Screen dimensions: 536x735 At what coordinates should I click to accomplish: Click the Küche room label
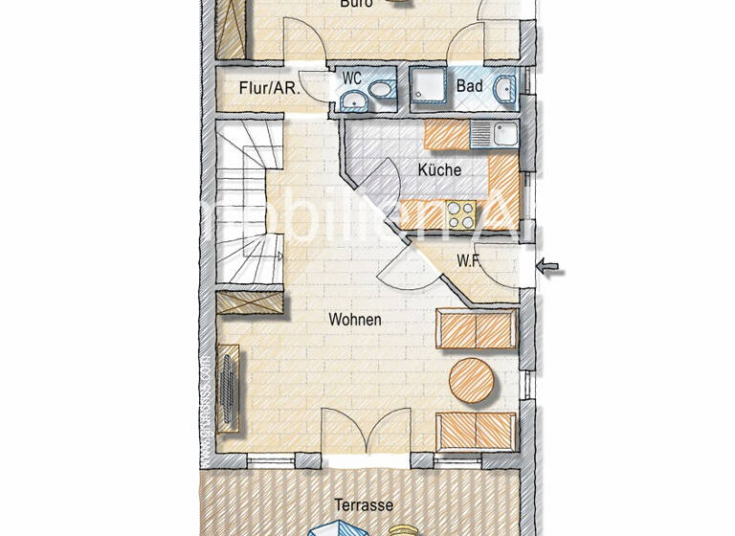point(439,169)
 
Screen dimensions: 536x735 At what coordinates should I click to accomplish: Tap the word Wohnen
point(354,320)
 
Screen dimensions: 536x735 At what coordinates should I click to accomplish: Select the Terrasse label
point(364,504)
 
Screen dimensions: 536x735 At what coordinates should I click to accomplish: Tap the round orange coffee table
point(472,379)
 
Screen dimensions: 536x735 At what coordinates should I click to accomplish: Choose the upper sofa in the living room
point(477,329)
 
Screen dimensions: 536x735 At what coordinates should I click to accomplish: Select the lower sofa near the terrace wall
point(477,431)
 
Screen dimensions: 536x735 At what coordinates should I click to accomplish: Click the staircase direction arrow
point(277,257)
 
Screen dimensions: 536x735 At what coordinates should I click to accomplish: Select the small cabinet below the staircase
point(251,304)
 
